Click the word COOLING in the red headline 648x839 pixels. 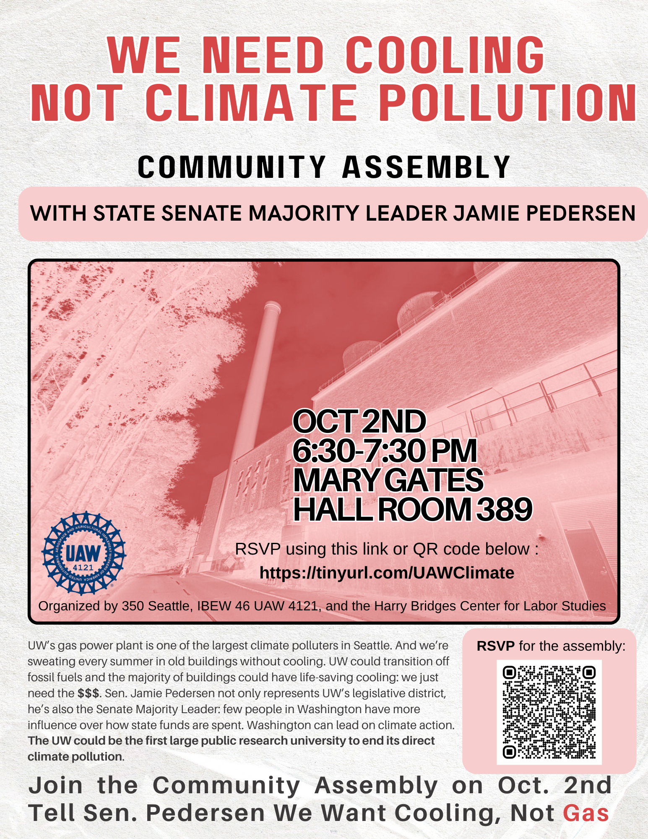pyautogui.click(x=445, y=55)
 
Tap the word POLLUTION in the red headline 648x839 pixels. pyautogui.click(x=509, y=103)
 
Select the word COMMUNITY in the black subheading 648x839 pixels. pyautogui.click(x=232, y=167)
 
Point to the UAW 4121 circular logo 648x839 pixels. pyautogui.click(x=84, y=553)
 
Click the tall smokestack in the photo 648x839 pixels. pyautogui.click(x=252, y=390)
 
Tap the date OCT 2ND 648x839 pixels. pyautogui.click(x=359, y=422)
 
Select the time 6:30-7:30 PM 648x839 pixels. pyautogui.click(x=384, y=451)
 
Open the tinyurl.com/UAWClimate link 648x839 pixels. pyautogui.click(x=387, y=573)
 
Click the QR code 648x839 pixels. pyautogui.click(x=549, y=712)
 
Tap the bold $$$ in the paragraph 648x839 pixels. pyautogui.click(x=88, y=693)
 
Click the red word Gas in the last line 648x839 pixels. pyautogui.click(x=586, y=813)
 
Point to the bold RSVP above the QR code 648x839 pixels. pyautogui.click(x=495, y=646)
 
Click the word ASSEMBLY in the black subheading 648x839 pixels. pyautogui.click(x=426, y=167)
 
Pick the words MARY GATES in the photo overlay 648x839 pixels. pyautogui.click(x=388, y=480)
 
